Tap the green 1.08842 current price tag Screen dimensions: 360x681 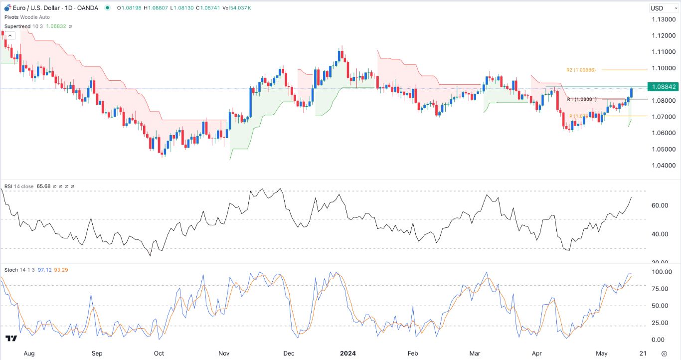click(x=662, y=87)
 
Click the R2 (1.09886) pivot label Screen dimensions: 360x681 click(x=581, y=70)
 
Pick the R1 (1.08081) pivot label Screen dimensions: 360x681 click(x=582, y=99)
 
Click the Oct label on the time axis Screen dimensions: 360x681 click(x=159, y=354)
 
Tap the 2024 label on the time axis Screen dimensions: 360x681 click(x=347, y=354)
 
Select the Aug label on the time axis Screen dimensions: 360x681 click(x=29, y=354)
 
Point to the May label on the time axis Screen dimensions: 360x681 click(x=602, y=354)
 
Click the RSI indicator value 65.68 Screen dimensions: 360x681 click(x=44, y=186)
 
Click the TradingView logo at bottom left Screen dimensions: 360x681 click(x=11, y=339)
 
